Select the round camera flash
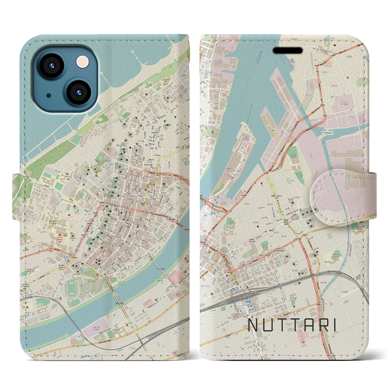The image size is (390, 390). tap(83, 62)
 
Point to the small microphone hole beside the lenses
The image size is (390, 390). tap(49, 96)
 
